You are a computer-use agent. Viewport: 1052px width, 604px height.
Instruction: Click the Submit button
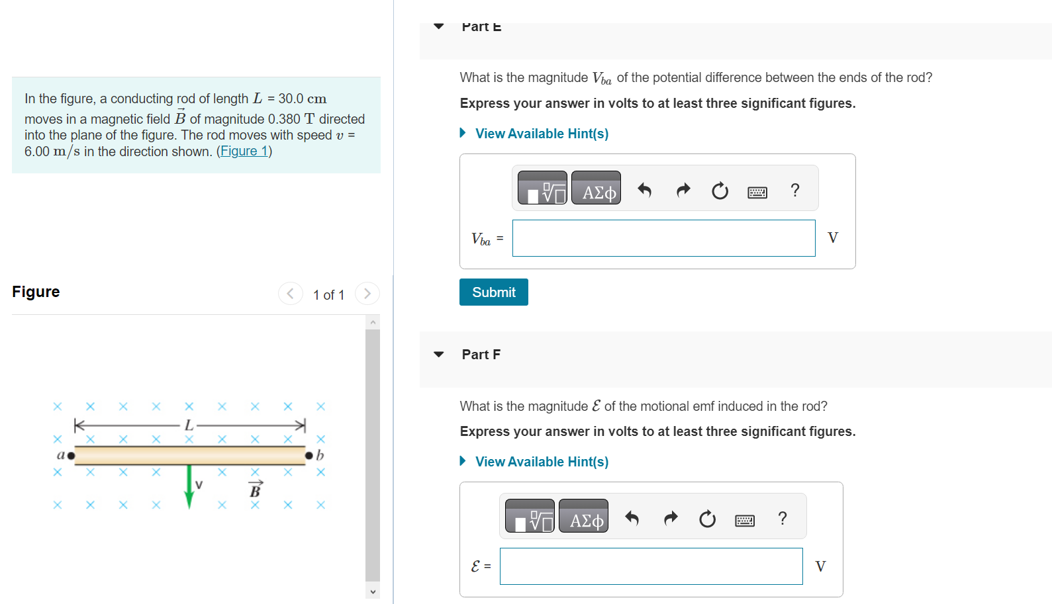point(493,292)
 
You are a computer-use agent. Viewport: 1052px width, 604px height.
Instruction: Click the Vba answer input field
point(663,238)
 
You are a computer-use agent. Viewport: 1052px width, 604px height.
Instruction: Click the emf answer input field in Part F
point(651,566)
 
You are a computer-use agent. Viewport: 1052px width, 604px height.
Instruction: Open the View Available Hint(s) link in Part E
point(541,134)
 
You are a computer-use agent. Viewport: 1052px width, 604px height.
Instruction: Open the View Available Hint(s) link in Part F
point(541,462)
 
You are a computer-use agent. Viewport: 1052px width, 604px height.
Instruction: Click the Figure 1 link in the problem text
point(244,151)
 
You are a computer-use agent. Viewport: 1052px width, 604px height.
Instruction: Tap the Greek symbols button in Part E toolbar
point(596,189)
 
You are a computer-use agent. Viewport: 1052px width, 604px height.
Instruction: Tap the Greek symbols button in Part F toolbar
point(583,517)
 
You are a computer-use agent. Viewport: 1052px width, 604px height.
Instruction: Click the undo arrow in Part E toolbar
point(644,191)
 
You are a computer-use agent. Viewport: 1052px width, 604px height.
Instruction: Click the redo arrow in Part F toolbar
point(671,518)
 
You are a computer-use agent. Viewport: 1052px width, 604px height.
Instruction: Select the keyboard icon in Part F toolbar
point(744,521)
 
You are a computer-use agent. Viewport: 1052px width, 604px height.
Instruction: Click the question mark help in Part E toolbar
point(795,191)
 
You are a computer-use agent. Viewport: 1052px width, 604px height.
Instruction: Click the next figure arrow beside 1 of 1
point(367,294)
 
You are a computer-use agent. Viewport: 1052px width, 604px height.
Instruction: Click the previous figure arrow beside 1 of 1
point(290,294)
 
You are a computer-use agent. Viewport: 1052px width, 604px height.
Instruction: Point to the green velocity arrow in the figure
point(189,486)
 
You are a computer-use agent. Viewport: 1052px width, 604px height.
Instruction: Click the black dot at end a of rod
point(71,455)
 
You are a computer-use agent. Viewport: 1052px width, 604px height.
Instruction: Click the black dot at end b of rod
point(309,455)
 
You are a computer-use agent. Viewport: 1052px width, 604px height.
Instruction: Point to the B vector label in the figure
point(255,490)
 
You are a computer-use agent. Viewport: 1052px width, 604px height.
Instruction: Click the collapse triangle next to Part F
point(438,355)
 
